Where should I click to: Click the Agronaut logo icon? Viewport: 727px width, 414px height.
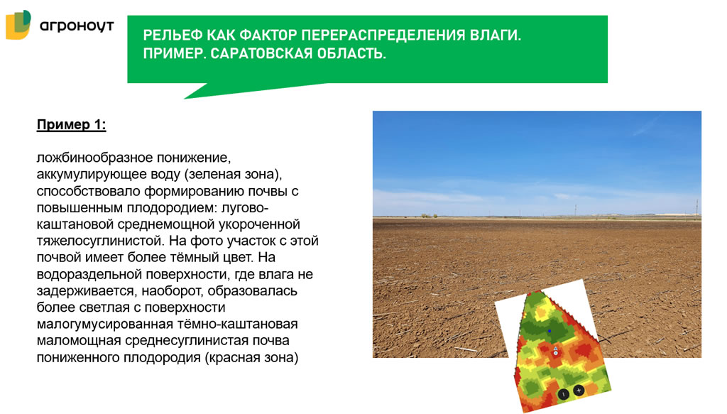[x=18, y=25]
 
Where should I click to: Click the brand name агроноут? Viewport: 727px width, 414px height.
[x=77, y=26]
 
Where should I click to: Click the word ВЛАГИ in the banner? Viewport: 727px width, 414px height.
[x=495, y=36]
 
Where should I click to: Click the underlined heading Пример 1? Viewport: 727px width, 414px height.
[x=71, y=125]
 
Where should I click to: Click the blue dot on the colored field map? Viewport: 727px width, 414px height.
[x=549, y=330]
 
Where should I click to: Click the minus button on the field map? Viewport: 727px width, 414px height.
[x=563, y=392]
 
